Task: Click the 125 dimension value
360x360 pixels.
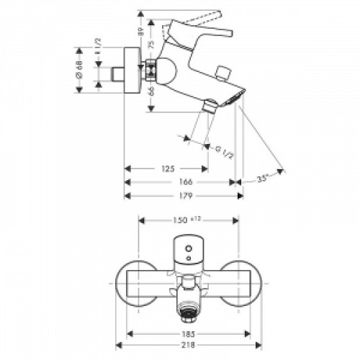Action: point(168,169)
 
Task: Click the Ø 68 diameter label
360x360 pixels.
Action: point(79,70)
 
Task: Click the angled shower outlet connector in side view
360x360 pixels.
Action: point(210,108)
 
